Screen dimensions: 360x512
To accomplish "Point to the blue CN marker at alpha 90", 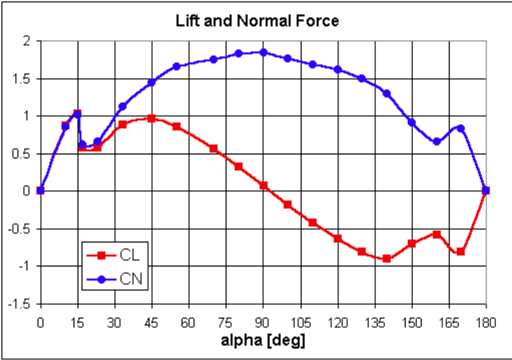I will click(263, 52).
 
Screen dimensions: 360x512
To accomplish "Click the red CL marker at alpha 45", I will click(151, 118).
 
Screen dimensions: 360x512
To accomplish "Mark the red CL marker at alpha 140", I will click(386, 258).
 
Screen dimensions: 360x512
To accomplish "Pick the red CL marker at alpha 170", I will click(461, 252).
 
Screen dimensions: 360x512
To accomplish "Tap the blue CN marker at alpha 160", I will click(436, 142).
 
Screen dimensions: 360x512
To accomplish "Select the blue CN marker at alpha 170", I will click(461, 128).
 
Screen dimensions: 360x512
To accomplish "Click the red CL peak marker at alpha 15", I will click(77, 114).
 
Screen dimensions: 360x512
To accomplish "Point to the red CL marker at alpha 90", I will click(263, 186).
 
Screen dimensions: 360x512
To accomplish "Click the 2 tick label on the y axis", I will click(26, 41).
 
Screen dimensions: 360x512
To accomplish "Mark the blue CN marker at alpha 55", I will click(176, 66).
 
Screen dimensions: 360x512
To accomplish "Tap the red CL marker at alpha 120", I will click(338, 238).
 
